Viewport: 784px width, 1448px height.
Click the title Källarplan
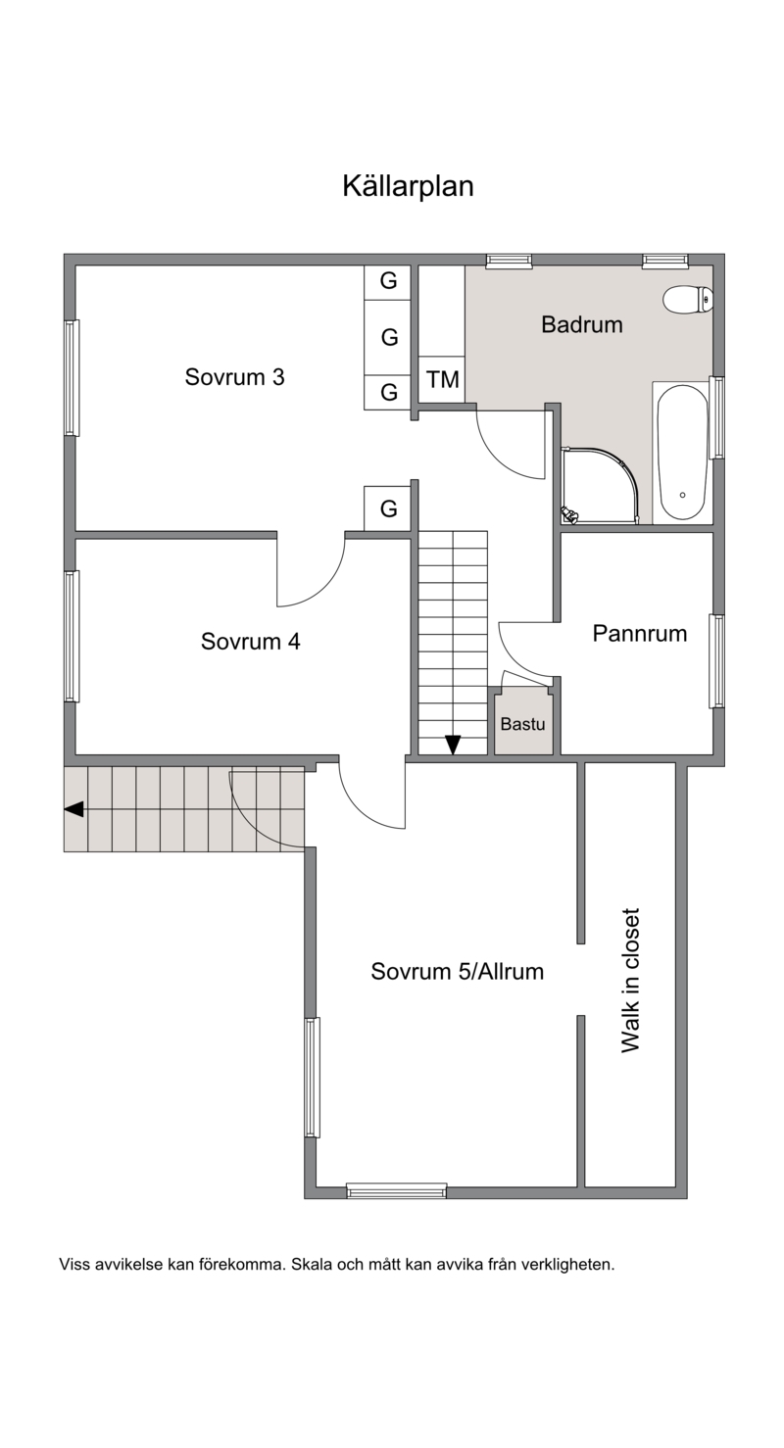tap(408, 186)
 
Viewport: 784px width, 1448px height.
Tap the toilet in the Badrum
tap(688, 299)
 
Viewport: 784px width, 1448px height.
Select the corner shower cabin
tap(600, 485)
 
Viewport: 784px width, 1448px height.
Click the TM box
tap(442, 379)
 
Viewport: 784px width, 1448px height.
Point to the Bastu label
tap(522, 723)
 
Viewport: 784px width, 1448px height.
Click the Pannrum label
tap(640, 633)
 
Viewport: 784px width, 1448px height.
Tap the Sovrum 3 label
tap(234, 376)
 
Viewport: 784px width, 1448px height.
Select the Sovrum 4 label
tap(250, 642)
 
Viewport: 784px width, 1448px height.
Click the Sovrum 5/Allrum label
tap(457, 971)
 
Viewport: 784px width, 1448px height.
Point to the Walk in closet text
tap(630, 980)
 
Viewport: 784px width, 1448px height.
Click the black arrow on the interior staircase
tap(453, 745)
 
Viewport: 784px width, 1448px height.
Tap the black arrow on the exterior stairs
tap(73, 808)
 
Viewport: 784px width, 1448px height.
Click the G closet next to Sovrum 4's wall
tap(388, 508)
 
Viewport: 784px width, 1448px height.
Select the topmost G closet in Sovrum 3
tap(388, 281)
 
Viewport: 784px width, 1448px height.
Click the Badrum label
tap(581, 324)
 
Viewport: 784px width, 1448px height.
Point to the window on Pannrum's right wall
tap(716, 660)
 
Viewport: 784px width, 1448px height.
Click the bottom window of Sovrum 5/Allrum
tap(397, 1190)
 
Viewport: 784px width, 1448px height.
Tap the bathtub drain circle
tap(682, 495)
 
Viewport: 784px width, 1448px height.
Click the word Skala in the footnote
tap(310, 1265)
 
